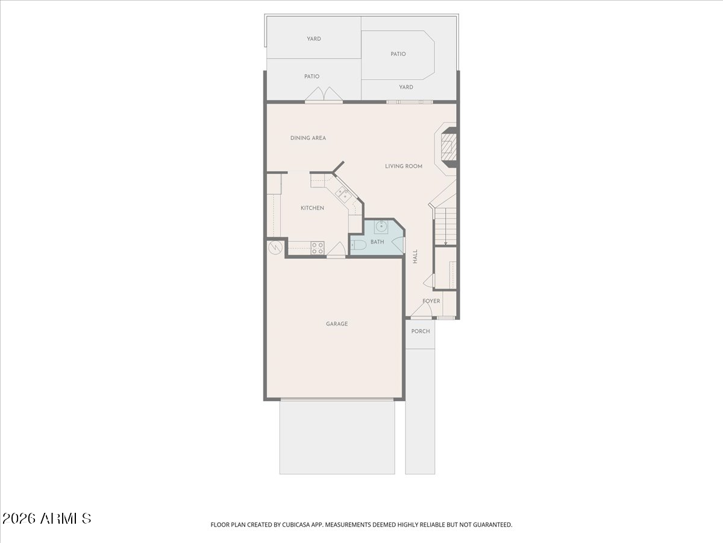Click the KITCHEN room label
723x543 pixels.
[x=312, y=208]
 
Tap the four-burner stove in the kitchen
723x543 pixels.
[x=318, y=248]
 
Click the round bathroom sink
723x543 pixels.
[x=381, y=226]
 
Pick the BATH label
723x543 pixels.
[x=377, y=242]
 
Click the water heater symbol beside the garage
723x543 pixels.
[x=275, y=247]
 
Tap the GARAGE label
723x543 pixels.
[x=337, y=324]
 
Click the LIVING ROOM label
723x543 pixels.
[x=404, y=166]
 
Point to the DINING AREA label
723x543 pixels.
[x=308, y=138]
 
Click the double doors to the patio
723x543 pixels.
[x=324, y=94]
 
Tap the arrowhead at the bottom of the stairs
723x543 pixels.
[x=445, y=243]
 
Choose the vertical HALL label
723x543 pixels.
[x=415, y=256]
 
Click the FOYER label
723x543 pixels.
[x=431, y=301]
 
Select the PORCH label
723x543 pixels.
[x=421, y=331]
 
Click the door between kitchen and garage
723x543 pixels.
[x=336, y=250]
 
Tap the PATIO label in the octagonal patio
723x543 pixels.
[x=398, y=54]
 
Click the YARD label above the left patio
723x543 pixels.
[x=313, y=39]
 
